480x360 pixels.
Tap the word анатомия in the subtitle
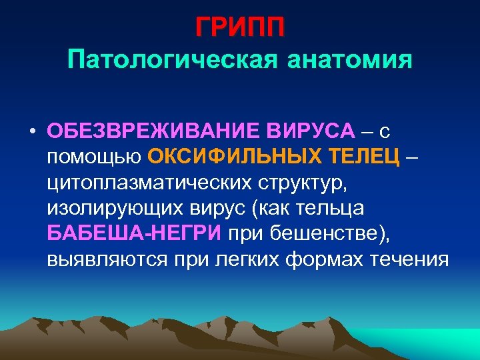(x=349, y=61)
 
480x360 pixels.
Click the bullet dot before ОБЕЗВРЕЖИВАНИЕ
(x=32, y=131)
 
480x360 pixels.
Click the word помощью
(x=94, y=157)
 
